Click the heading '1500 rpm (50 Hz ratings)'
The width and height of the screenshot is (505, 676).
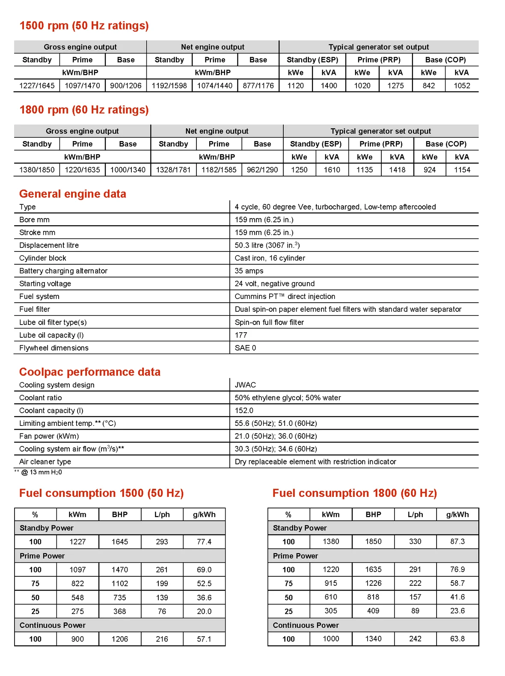(x=84, y=26)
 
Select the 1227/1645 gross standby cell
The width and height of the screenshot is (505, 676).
(x=37, y=86)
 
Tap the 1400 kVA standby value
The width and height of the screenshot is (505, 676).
(x=329, y=86)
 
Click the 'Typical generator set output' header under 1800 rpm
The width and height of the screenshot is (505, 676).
(x=380, y=131)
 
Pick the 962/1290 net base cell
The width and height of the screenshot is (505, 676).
(x=262, y=170)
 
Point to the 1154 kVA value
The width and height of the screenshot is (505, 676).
(x=462, y=170)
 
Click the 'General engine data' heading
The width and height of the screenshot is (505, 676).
(x=73, y=194)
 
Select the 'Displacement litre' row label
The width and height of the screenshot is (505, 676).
(x=49, y=245)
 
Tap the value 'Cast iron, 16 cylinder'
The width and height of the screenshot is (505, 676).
(x=270, y=258)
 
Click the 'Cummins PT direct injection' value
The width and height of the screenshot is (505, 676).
(x=285, y=297)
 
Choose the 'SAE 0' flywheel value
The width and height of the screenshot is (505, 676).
(x=245, y=348)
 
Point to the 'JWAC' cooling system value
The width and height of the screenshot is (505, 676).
(x=245, y=385)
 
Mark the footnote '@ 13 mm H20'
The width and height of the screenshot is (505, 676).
(x=41, y=472)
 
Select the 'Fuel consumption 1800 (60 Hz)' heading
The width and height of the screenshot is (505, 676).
(x=354, y=493)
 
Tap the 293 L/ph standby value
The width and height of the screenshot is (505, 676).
(x=162, y=542)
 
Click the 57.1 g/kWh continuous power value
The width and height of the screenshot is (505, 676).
(x=204, y=639)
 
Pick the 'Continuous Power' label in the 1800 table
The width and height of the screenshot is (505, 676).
(x=306, y=625)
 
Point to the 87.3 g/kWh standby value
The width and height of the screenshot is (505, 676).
(x=457, y=542)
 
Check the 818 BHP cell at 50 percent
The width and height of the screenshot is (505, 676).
(x=373, y=597)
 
